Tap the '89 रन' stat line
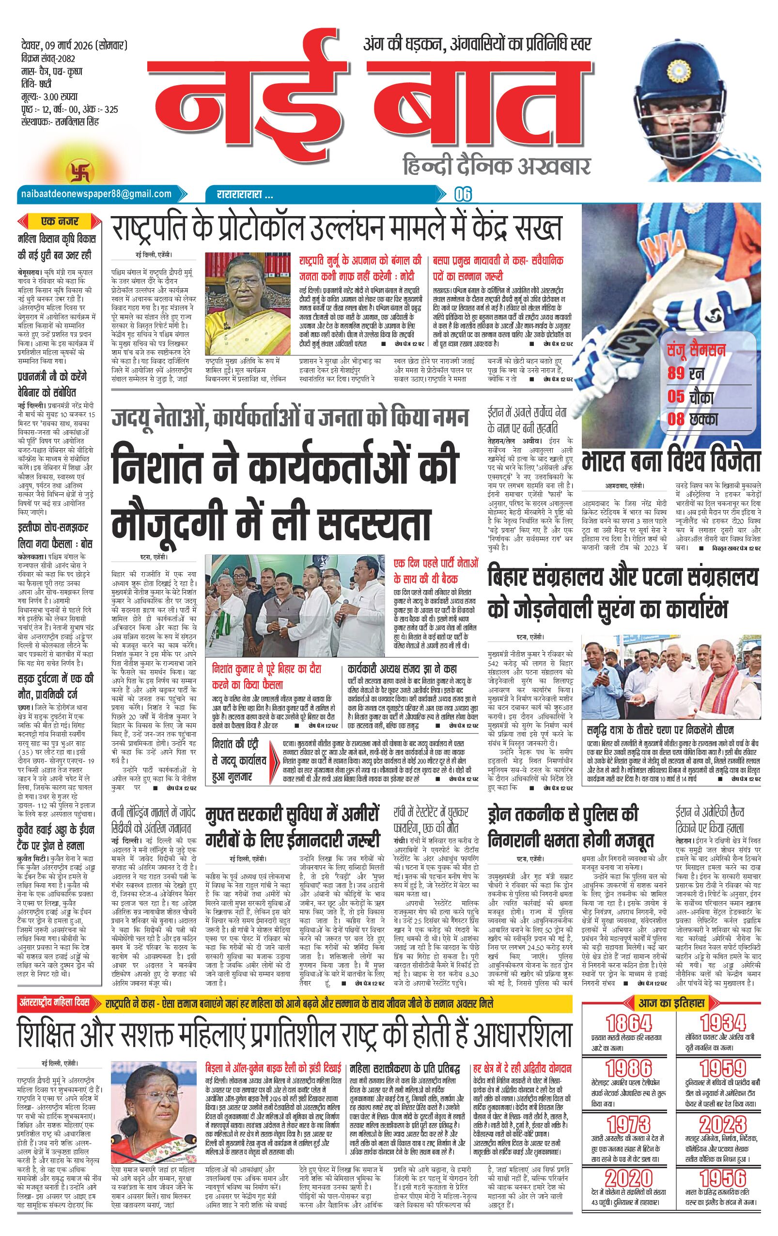point(685,373)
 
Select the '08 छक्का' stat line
point(692,418)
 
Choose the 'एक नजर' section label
point(60,222)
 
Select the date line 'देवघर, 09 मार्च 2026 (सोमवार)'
point(71,47)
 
